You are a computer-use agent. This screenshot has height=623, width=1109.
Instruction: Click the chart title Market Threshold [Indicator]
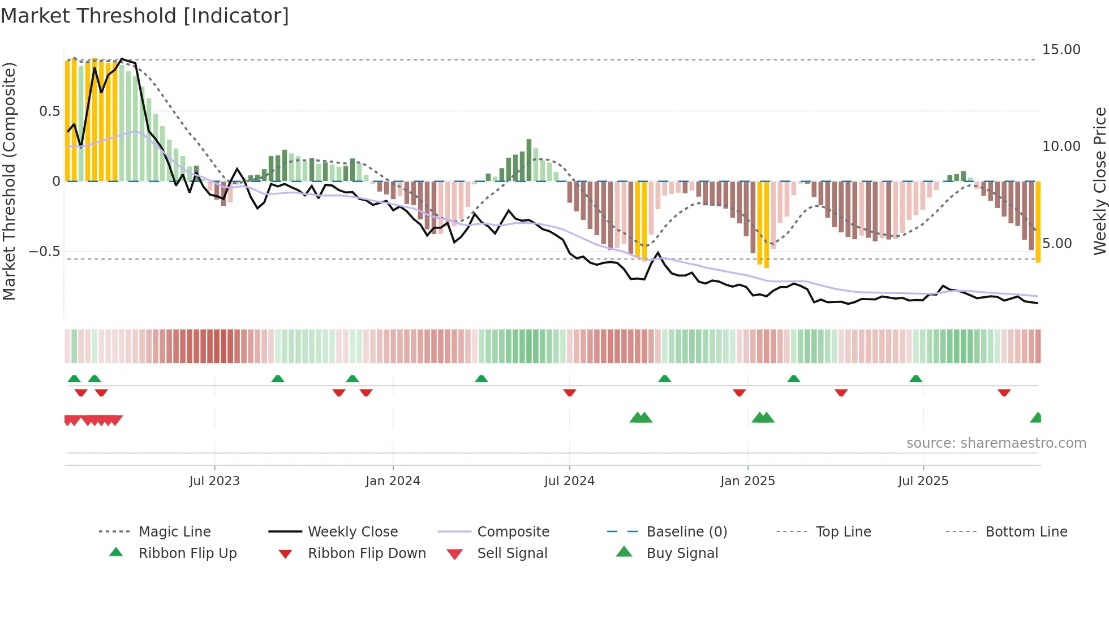tap(145, 16)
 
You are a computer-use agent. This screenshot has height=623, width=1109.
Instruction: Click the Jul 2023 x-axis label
tap(214, 481)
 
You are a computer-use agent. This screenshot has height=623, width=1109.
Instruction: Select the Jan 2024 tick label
tap(393, 481)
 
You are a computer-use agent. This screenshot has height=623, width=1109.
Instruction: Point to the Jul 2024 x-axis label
tap(569, 481)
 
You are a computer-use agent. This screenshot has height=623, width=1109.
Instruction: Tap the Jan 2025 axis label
tap(747, 481)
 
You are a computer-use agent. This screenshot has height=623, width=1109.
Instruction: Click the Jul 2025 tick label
tap(923, 481)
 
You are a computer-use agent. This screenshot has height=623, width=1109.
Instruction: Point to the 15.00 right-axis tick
tap(1061, 50)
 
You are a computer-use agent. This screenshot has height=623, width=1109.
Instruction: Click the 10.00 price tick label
tap(1061, 146)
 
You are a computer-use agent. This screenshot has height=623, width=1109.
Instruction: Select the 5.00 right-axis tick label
tap(1057, 244)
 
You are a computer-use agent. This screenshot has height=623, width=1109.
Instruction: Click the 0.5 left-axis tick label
tap(49, 111)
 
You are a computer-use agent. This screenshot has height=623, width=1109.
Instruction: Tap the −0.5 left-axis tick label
tap(44, 252)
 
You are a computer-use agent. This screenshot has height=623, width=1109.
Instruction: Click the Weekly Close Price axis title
tap(1099, 181)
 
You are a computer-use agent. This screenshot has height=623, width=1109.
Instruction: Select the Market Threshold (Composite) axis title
tap(10, 181)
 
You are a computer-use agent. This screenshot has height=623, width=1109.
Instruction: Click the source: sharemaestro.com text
tap(996, 443)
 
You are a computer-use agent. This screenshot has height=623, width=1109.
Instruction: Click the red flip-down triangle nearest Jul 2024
tap(570, 392)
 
